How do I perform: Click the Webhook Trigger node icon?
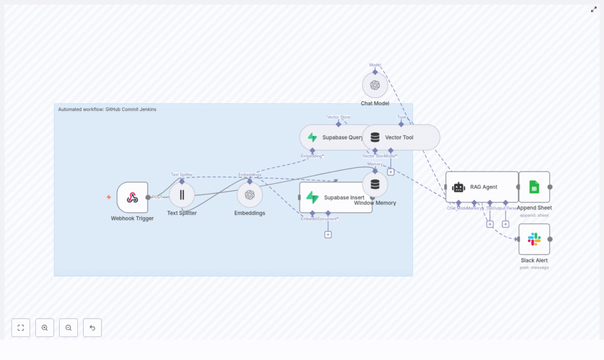click(x=132, y=197)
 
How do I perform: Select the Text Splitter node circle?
click(x=182, y=195)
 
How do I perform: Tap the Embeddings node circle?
click(x=250, y=195)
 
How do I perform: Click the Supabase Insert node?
click(x=335, y=197)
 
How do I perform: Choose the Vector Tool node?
click(x=401, y=137)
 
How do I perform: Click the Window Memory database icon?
click(x=375, y=184)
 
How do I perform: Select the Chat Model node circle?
click(x=375, y=85)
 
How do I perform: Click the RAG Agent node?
click(x=481, y=186)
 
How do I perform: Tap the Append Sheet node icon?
click(x=534, y=187)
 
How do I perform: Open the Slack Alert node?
click(x=534, y=239)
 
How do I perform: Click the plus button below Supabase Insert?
click(x=328, y=234)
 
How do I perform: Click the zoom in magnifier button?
click(x=45, y=328)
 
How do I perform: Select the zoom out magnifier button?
click(x=68, y=328)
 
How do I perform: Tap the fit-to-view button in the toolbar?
click(x=21, y=328)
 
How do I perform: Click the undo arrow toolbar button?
click(x=92, y=328)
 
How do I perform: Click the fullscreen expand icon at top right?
click(x=594, y=9)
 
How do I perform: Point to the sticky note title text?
click(x=107, y=109)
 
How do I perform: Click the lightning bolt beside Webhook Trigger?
click(x=109, y=197)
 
